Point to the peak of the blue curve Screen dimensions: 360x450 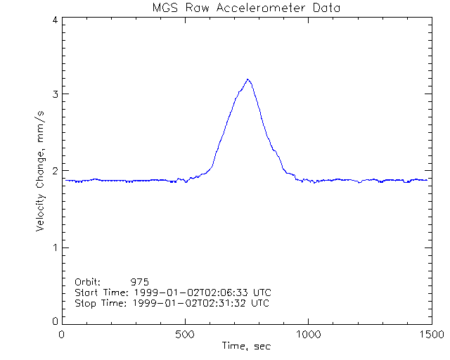click(248, 79)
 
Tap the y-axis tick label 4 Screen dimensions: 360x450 click(54, 20)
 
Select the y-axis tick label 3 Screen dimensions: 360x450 click(54, 94)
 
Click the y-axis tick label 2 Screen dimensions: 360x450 click(54, 171)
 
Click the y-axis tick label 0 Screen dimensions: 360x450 click(54, 321)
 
